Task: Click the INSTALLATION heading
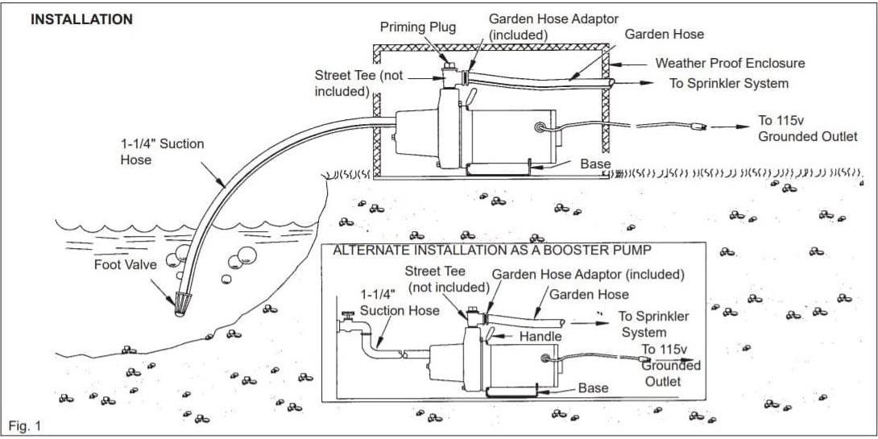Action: click(x=81, y=19)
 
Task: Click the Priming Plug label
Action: click(x=417, y=27)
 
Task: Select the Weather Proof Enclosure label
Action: click(x=730, y=63)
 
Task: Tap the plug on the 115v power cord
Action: click(x=702, y=126)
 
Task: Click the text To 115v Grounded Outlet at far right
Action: click(x=807, y=128)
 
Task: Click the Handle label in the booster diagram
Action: click(x=541, y=336)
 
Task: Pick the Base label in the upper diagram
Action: click(x=596, y=164)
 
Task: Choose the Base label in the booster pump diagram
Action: click(x=593, y=388)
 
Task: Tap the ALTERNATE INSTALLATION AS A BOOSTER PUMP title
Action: click(x=492, y=251)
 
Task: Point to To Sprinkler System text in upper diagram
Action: click(x=729, y=83)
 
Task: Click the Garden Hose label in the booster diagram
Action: click(x=589, y=294)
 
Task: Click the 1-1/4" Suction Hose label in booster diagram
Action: click(x=400, y=303)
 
